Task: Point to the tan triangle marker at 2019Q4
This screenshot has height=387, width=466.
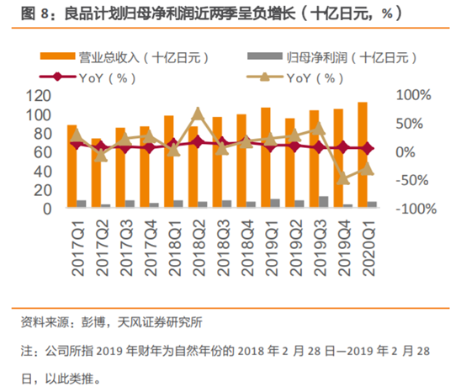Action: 343,179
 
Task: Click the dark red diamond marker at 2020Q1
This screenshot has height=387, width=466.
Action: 368,148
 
